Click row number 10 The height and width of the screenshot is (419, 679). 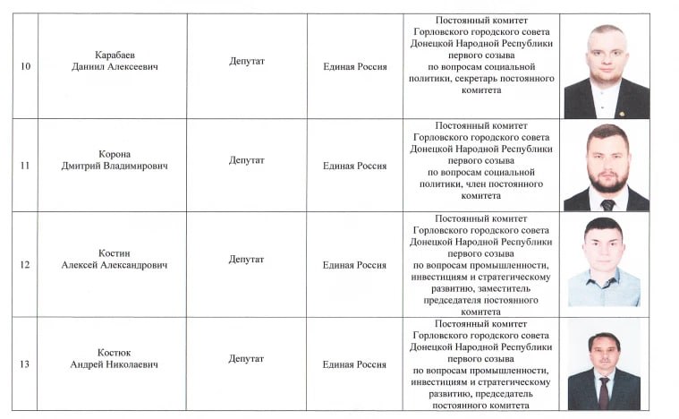(24, 67)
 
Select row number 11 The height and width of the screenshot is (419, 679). (24, 166)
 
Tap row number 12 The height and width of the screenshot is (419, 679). (24, 265)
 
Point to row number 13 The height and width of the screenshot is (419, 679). (24, 364)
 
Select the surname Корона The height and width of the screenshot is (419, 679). (115, 154)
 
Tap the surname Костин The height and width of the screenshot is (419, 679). (115, 253)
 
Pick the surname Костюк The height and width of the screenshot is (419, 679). (115, 353)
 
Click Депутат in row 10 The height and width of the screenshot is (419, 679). (246, 61)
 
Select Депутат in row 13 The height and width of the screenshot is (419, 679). (246, 358)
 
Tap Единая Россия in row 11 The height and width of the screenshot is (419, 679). (354, 166)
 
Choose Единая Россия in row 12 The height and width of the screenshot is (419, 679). (354, 265)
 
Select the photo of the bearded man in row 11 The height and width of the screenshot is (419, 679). (606, 167)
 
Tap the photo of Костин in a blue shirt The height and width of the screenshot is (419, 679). (604, 263)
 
